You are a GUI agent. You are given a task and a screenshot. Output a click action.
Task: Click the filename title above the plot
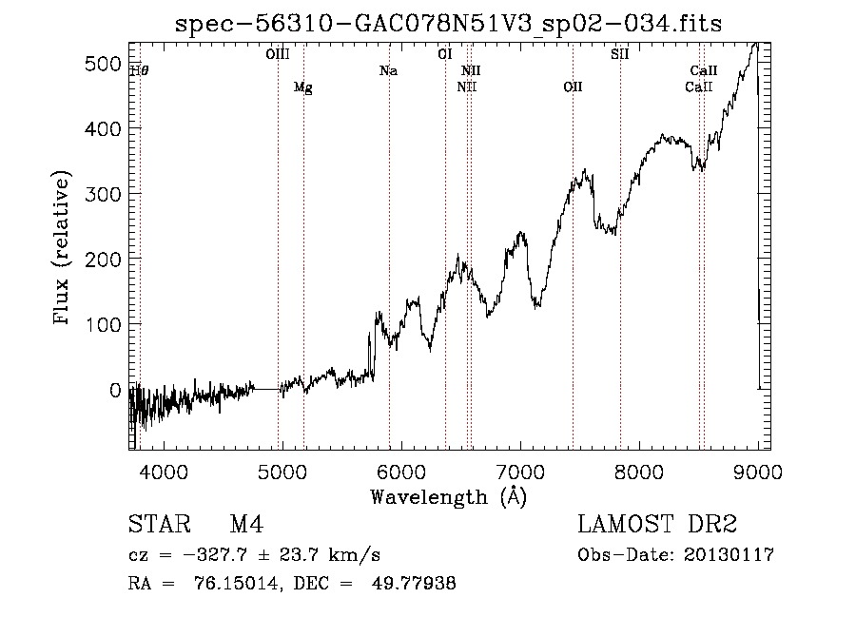(x=448, y=24)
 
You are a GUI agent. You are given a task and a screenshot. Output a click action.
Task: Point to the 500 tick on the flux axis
(x=103, y=64)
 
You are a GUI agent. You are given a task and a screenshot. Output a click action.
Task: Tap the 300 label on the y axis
(x=103, y=194)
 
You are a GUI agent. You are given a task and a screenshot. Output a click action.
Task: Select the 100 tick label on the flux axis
(x=103, y=324)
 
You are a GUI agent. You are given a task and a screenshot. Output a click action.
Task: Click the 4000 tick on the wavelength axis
(x=164, y=472)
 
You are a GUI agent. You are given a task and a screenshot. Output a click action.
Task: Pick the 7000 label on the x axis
(x=520, y=472)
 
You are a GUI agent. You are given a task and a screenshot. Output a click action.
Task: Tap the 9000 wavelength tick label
(x=758, y=472)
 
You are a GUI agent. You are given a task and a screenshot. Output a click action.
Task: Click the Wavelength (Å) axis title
(x=448, y=497)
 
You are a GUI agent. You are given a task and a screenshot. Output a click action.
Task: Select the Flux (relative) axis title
(x=61, y=247)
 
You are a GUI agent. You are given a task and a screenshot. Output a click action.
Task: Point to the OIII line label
(x=278, y=54)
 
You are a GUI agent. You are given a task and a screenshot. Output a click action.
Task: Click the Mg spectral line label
(x=303, y=87)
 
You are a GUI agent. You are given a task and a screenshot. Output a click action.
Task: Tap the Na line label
(x=389, y=70)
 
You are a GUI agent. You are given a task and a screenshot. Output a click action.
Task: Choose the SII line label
(x=619, y=54)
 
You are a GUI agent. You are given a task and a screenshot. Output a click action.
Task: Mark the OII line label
(x=573, y=87)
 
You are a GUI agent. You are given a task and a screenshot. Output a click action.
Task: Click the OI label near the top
(x=445, y=54)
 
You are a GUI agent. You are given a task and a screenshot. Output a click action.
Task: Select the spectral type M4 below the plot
(x=246, y=524)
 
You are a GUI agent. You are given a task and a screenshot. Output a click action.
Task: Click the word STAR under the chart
(x=160, y=524)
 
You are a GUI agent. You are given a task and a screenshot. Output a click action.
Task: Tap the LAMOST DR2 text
(x=657, y=524)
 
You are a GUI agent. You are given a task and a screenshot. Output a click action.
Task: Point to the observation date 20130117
(x=729, y=555)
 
